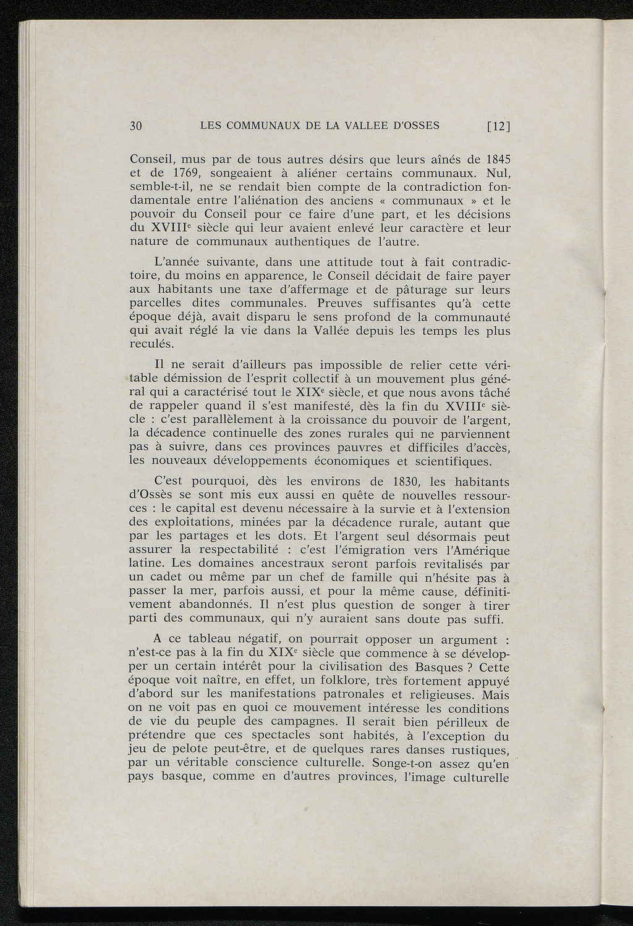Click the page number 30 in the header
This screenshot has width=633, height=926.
pyautogui.click(x=136, y=126)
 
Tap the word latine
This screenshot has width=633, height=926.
pyautogui.click(x=147, y=563)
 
